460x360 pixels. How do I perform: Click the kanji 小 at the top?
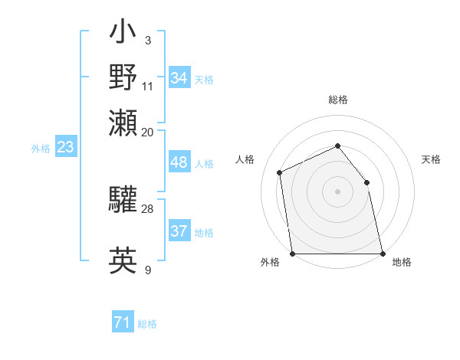123,33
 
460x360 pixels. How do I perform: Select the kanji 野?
123,77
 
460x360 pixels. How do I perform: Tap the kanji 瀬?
123,122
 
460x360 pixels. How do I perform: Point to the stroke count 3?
147,40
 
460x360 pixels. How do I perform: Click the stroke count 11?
148,85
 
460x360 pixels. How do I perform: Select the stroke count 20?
148,131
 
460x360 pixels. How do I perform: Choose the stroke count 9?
147,270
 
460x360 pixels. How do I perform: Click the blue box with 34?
179,78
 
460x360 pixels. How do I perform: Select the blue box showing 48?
179,162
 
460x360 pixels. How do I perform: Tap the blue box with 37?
179,231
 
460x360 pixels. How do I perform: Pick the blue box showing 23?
65,147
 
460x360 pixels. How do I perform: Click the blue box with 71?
123,323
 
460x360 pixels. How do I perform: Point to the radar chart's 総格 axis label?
338,100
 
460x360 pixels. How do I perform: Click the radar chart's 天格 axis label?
432,159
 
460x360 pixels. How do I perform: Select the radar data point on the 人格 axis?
280,172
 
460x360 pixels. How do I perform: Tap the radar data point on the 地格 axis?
382,254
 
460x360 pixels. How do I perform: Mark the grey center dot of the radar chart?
337,191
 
